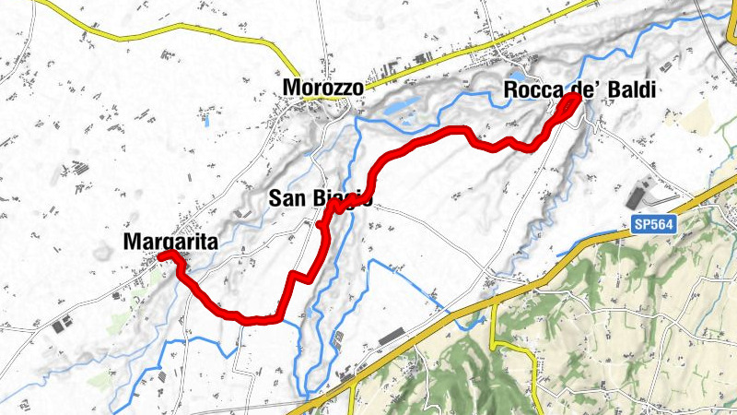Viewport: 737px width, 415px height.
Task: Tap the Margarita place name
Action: pyautogui.click(x=169, y=242)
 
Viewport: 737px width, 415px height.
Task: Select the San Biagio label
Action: pyautogui.click(x=320, y=198)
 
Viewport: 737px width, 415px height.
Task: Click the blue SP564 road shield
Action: pyautogui.click(x=655, y=223)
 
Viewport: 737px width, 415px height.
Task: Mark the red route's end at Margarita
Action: pyautogui.click(x=162, y=255)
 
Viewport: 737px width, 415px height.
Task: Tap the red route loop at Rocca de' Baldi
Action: pyautogui.click(x=567, y=111)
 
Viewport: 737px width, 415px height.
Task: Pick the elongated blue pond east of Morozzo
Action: pyautogui.click(x=396, y=109)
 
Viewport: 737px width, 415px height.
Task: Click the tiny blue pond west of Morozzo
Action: pyautogui.click(x=206, y=119)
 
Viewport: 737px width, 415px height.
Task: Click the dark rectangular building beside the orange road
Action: pyautogui.click(x=392, y=336)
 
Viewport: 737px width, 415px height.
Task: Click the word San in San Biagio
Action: pyautogui.click(x=286, y=198)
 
